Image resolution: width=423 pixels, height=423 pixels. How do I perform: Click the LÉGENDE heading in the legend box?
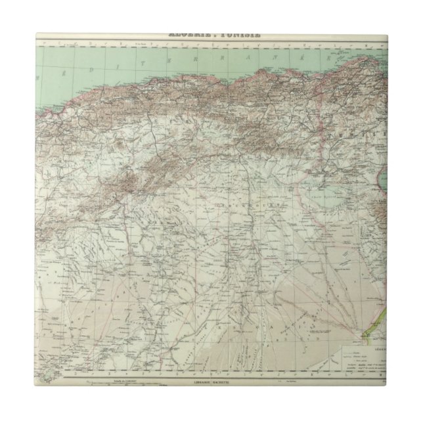(x=377, y=342)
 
